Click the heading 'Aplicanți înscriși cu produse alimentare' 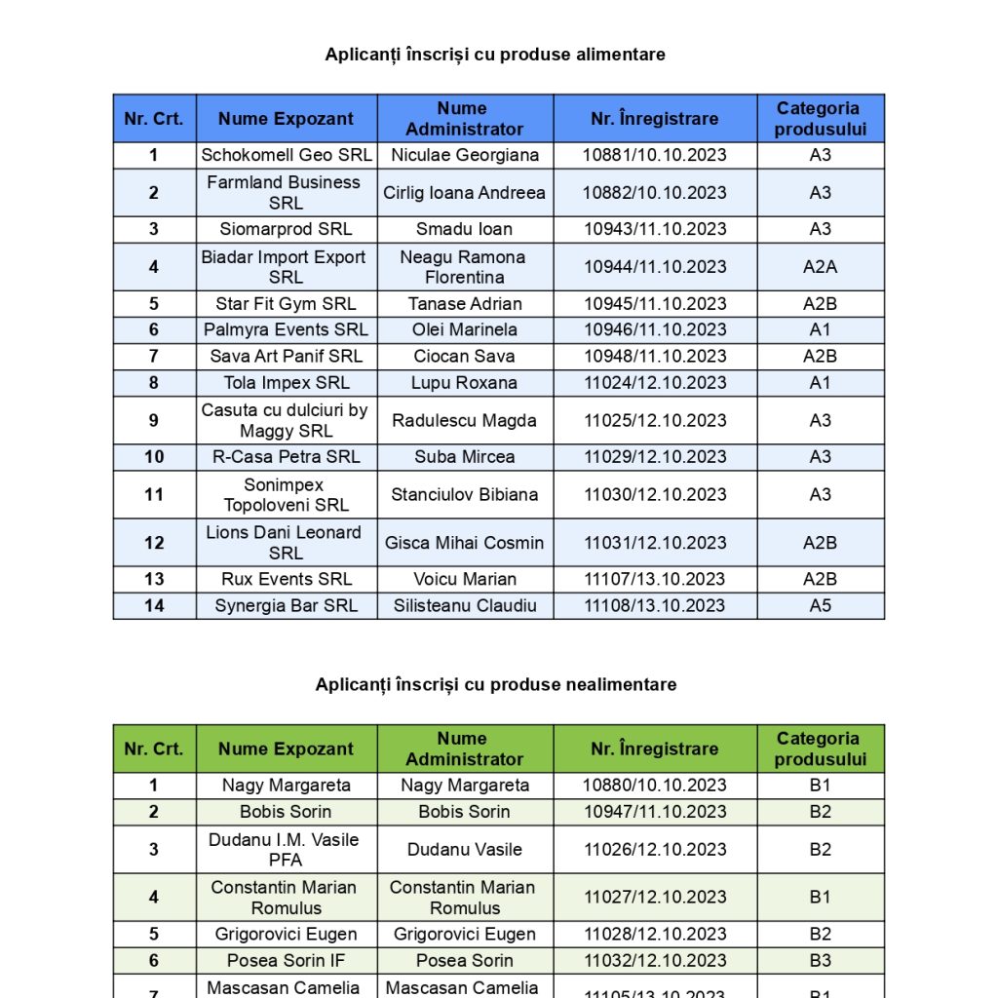(x=495, y=55)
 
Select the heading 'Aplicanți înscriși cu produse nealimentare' (x=495, y=684)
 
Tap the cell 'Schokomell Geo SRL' (x=287, y=155)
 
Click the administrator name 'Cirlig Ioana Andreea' (x=464, y=192)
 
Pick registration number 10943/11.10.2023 (x=655, y=229)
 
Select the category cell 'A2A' (x=820, y=266)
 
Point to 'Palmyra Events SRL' (x=287, y=329)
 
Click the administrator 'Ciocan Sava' (x=464, y=356)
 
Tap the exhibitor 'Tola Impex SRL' (x=287, y=382)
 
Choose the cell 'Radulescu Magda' (x=464, y=420)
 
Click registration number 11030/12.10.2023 (x=655, y=494)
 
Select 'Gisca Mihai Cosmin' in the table (x=464, y=542)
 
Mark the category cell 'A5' (x=820, y=605)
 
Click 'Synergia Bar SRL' (x=287, y=605)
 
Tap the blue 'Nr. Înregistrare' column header (x=655, y=119)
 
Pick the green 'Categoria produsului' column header (x=820, y=748)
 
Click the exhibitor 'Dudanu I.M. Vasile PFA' (x=287, y=849)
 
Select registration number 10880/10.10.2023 (x=655, y=785)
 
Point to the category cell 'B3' (x=820, y=960)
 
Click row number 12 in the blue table (x=154, y=542)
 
